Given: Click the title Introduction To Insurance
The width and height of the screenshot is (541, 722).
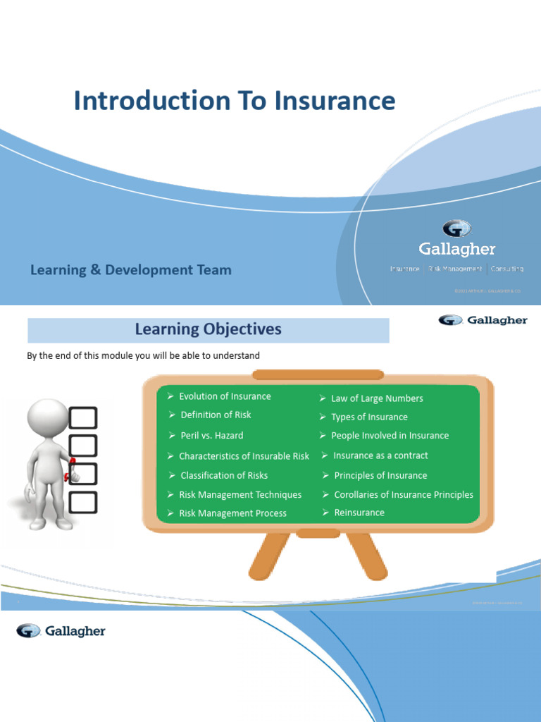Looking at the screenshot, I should point(235,101).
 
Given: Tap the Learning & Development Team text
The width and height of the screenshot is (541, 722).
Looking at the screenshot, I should point(130,270).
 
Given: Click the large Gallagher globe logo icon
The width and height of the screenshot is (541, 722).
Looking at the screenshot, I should point(456,228).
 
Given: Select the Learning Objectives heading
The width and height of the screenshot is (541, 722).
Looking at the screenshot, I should point(208,329).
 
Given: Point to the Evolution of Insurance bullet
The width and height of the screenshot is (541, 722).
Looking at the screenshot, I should point(224,396).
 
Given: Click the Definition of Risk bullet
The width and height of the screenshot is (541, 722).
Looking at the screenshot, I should point(216,415).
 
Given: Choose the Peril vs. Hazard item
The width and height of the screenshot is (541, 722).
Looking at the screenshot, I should point(211,436).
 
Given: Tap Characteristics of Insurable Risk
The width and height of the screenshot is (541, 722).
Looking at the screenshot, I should point(244,456).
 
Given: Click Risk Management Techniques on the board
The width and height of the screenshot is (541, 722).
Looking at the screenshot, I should point(240,495).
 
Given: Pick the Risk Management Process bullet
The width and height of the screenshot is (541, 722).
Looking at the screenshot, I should point(232,513).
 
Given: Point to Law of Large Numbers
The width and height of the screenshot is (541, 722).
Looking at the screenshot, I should point(377,398).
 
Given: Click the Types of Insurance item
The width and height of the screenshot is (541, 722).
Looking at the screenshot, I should point(369,417).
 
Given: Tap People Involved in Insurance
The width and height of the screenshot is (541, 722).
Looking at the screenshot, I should point(390,436).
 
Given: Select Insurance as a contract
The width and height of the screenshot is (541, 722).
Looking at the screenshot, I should point(380,455).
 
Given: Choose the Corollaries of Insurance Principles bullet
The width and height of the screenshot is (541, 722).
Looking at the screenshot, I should point(404,495).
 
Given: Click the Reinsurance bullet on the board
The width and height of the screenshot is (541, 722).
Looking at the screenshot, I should point(359,513).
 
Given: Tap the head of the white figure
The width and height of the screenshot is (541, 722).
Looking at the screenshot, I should point(48,418).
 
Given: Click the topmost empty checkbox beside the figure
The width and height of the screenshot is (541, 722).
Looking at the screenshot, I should point(83,417).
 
